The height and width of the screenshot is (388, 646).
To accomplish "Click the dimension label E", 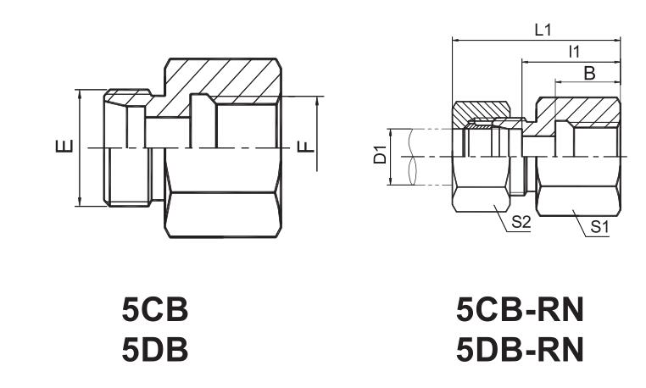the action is tap(64, 147).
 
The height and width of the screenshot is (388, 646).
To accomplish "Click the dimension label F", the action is tap(306, 147).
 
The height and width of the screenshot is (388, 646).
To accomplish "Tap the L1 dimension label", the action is tap(543, 30).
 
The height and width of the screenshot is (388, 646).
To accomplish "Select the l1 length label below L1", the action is tap(574, 52).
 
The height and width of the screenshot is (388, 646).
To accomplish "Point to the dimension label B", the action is tap(589, 74).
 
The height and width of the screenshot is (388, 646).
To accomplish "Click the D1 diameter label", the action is tap(380, 154).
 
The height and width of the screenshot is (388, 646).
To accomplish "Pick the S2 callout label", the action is tap(521, 223).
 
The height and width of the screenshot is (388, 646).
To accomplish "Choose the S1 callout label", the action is tap(599, 227).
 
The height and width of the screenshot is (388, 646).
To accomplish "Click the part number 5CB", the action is tap(155, 309).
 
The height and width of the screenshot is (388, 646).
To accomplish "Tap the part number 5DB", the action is tap(155, 349).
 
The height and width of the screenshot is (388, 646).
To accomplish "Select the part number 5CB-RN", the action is tap(520, 310).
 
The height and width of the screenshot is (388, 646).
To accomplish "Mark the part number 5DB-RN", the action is tap(520, 349).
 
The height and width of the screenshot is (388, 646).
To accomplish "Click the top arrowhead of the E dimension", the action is tap(79, 93).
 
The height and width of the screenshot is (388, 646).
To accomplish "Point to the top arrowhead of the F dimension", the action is tap(317, 101).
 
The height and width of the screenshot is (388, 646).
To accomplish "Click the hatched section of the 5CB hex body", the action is tap(219, 80).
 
